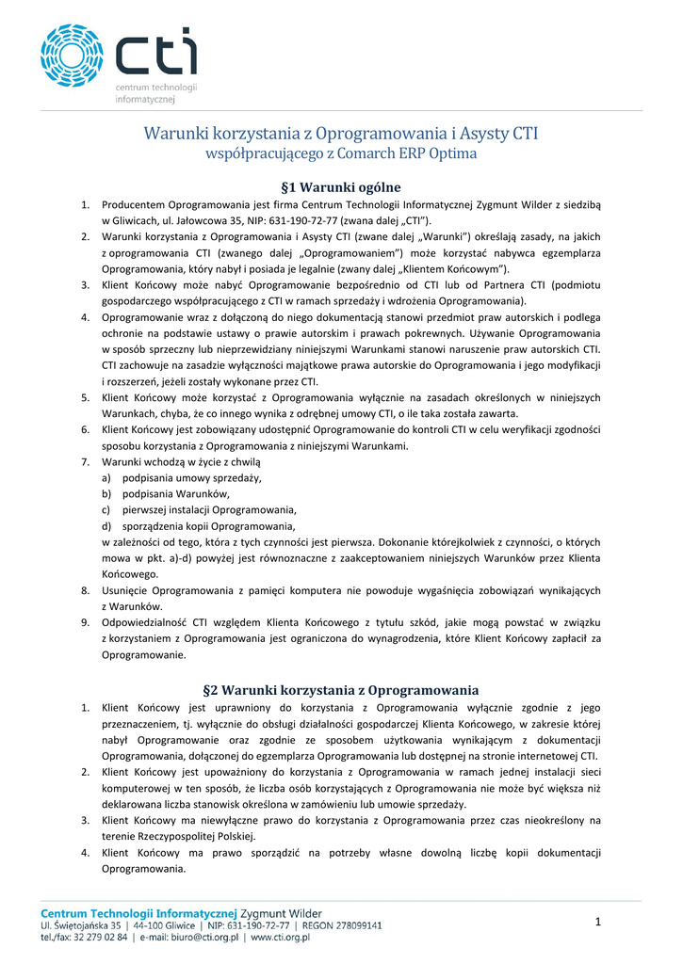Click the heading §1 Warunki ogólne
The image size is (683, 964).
[341, 187]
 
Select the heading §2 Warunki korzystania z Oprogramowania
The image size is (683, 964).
[341, 689]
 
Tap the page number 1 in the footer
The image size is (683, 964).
[597, 923]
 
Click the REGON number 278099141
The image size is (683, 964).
[362, 925]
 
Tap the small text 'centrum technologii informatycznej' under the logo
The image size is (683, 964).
[155, 92]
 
